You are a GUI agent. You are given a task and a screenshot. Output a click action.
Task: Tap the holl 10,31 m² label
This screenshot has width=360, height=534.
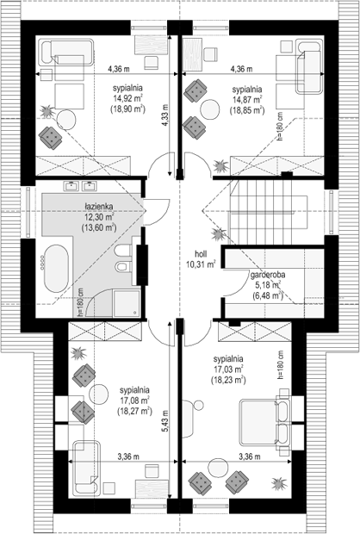click(x=201, y=259)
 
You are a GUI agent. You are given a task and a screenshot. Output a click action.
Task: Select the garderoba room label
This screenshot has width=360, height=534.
click(x=268, y=275)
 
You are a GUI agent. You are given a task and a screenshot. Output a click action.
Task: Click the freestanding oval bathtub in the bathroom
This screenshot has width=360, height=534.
click(x=57, y=268)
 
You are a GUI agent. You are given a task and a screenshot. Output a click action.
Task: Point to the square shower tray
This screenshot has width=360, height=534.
click(x=127, y=303)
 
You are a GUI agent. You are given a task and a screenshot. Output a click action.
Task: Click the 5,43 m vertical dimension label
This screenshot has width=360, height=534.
click(x=164, y=421)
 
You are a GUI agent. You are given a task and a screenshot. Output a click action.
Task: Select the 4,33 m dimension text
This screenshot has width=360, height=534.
click(x=164, y=115)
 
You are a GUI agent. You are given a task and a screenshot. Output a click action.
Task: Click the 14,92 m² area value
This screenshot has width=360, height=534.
click(x=127, y=99)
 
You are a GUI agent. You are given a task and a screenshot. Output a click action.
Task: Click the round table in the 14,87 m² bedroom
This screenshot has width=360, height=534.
click(x=210, y=109)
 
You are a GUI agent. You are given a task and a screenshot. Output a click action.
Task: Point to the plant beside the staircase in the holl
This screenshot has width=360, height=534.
click(x=217, y=234)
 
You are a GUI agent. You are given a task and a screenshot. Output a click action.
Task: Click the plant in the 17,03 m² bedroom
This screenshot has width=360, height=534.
click(x=279, y=483)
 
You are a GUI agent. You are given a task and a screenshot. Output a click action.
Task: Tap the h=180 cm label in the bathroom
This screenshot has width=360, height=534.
click(x=80, y=301)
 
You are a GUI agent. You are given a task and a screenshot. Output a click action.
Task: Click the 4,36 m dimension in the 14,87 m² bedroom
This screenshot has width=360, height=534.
click(x=241, y=69)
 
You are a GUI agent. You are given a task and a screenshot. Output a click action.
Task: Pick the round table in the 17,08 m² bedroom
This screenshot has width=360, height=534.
click(x=99, y=394)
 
